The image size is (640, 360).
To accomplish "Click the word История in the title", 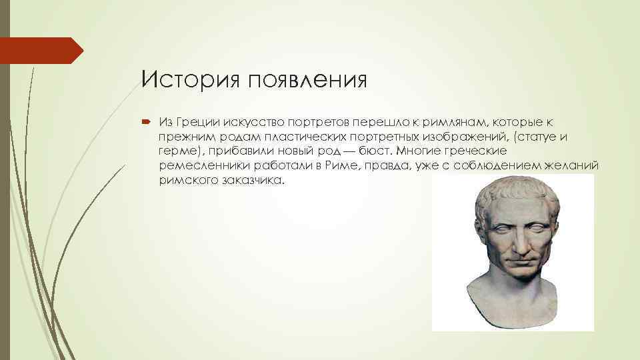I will point(190,80).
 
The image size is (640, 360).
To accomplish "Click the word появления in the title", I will point(307,81).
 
